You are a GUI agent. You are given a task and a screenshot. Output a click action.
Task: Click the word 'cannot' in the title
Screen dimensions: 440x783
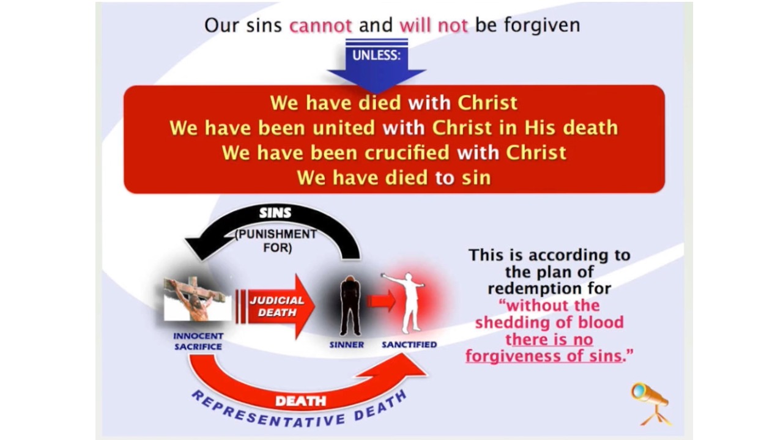pos(320,26)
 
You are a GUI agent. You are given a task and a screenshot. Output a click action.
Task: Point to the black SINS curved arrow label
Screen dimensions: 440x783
pos(275,213)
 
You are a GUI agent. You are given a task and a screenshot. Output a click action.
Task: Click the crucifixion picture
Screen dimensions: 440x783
pos(197,299)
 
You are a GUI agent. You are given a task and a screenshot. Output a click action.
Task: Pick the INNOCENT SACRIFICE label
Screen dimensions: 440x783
pos(198,341)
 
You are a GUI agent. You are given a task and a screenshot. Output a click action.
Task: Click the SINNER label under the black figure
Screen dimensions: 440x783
pos(347,345)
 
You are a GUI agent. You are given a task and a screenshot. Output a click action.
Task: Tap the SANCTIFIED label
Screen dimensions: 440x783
pos(409,345)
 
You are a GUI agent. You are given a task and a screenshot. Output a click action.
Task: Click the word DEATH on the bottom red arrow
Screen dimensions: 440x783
pos(300,401)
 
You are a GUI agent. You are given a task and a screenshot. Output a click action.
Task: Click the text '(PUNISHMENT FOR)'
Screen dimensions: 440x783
pos(277,241)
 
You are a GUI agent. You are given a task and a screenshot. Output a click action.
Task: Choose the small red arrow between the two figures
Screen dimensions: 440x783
pos(380,301)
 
